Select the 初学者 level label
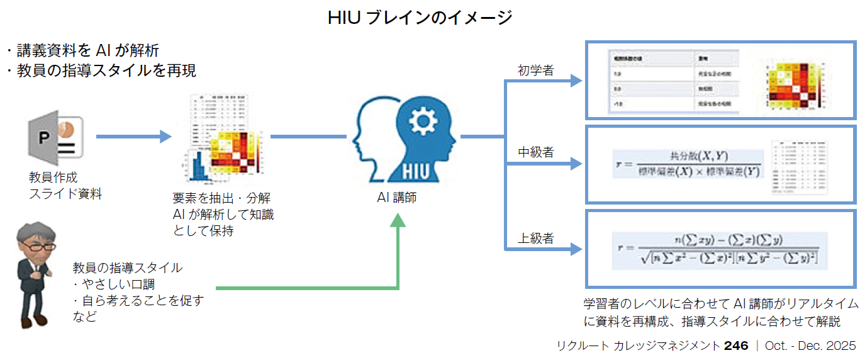coord(535,70)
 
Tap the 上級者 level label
coord(535,238)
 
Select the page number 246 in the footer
coord(735,346)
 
